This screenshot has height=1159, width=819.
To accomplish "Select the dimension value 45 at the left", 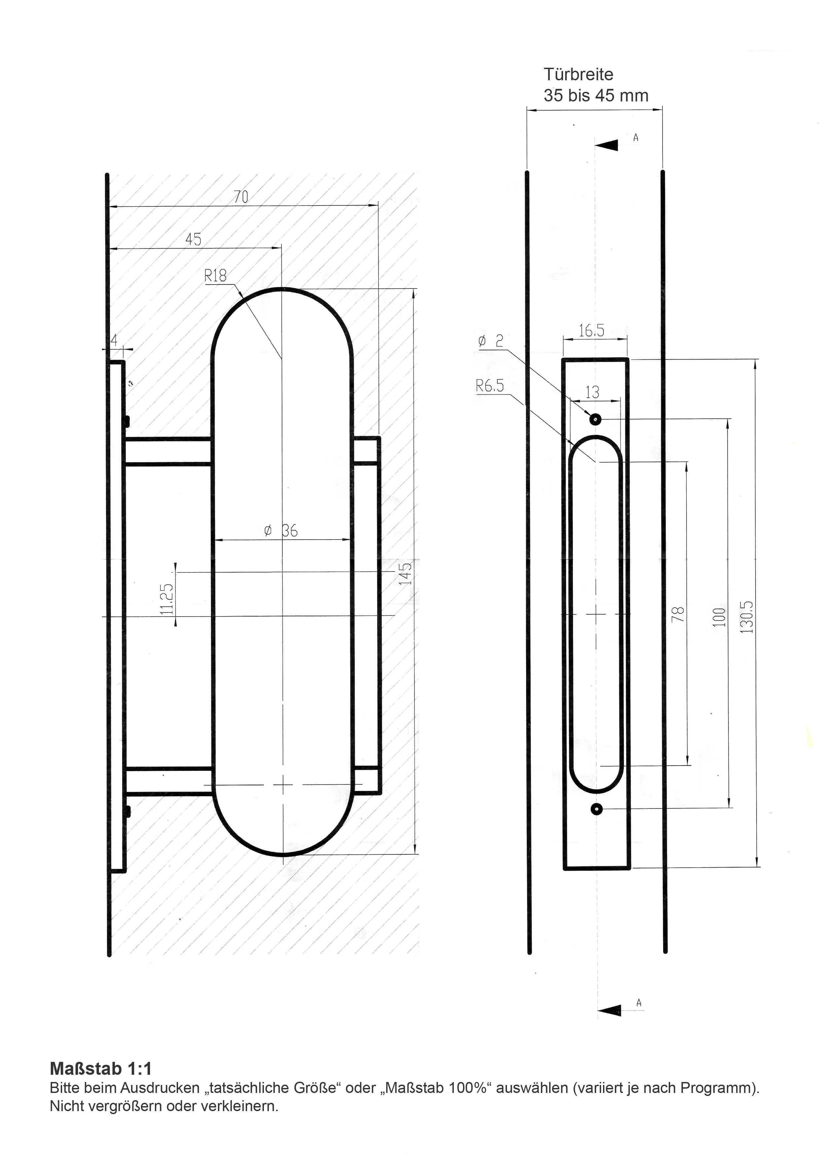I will pyautogui.click(x=193, y=239).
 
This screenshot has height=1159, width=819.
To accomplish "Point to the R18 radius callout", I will pyautogui.click(x=215, y=276).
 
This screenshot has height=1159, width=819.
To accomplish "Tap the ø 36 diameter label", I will pyautogui.click(x=281, y=531).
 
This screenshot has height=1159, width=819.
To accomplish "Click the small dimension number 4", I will pyautogui.click(x=114, y=341).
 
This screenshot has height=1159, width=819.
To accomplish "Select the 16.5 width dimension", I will pyautogui.click(x=591, y=331).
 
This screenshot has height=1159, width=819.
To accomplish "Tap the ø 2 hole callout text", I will pyautogui.click(x=490, y=341).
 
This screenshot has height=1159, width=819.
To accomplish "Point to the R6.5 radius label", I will pyautogui.click(x=489, y=386).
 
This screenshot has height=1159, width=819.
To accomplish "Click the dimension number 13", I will pyautogui.click(x=592, y=392).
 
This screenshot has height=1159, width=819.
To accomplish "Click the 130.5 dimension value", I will pyautogui.click(x=747, y=617).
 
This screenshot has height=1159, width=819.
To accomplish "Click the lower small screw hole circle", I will pyautogui.click(x=597, y=809).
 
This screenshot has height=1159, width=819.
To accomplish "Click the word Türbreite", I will pyautogui.click(x=578, y=75).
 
